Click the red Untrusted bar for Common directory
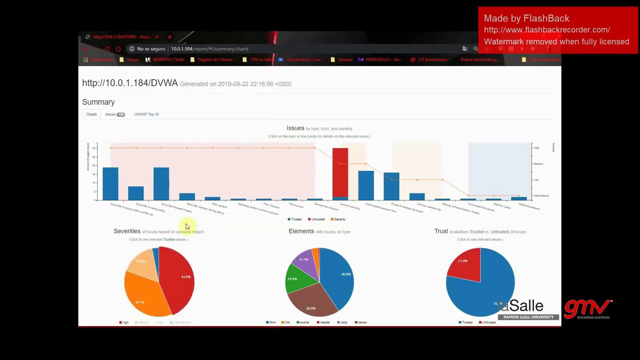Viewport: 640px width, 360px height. pyautogui.click(x=340, y=172)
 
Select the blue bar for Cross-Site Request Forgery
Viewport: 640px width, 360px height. pyautogui.click(x=161, y=183)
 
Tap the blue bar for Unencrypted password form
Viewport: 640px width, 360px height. pyautogui.click(x=365, y=185)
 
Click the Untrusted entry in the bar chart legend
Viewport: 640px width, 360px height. pyautogui.click(x=316, y=219)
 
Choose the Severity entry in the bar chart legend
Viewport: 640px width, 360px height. pyautogui.click(x=338, y=219)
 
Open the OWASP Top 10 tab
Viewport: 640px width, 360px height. pyautogui.click(x=146, y=114)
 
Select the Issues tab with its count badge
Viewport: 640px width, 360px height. pyautogui.click(x=114, y=114)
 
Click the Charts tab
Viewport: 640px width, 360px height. pyautogui.click(x=91, y=114)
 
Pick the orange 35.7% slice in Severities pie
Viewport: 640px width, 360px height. pyautogui.click(x=142, y=297)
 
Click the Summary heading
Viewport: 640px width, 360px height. pyautogui.click(x=98, y=102)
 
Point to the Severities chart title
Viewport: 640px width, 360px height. pyautogui.click(x=127, y=231)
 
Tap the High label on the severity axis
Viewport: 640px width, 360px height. pyautogui.click(x=536, y=148)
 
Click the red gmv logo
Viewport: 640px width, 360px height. pyautogui.click(x=587, y=309)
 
